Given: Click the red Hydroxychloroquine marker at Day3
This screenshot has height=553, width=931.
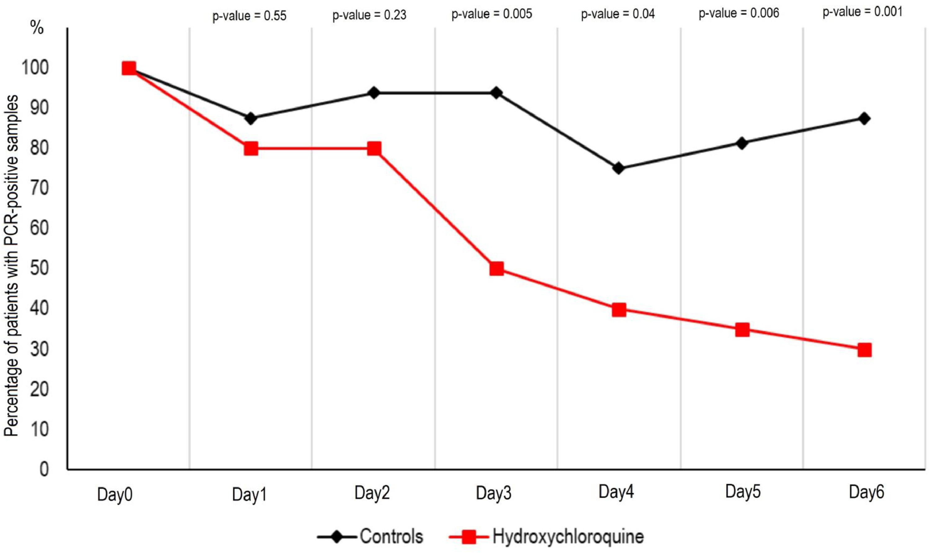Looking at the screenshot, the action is pyautogui.click(x=496, y=269).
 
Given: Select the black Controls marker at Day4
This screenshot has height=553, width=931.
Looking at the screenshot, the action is pyautogui.click(x=618, y=168).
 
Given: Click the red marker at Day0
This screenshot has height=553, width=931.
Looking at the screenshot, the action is pyautogui.click(x=128, y=69).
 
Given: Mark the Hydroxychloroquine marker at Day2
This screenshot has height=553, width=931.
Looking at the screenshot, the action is pyautogui.click(x=374, y=149).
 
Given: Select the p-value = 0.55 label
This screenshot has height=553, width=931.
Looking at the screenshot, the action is pyautogui.click(x=250, y=16).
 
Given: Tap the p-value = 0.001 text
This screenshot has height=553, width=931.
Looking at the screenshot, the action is pyautogui.click(x=862, y=12).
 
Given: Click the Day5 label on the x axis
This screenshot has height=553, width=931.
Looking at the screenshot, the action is pyautogui.click(x=742, y=492).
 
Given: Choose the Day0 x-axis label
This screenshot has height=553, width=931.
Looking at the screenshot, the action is pyautogui.click(x=115, y=495).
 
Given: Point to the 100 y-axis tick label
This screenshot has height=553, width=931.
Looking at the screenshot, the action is pyautogui.click(x=35, y=68).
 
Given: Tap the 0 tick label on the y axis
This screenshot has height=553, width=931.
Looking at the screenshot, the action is pyautogui.click(x=44, y=469).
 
